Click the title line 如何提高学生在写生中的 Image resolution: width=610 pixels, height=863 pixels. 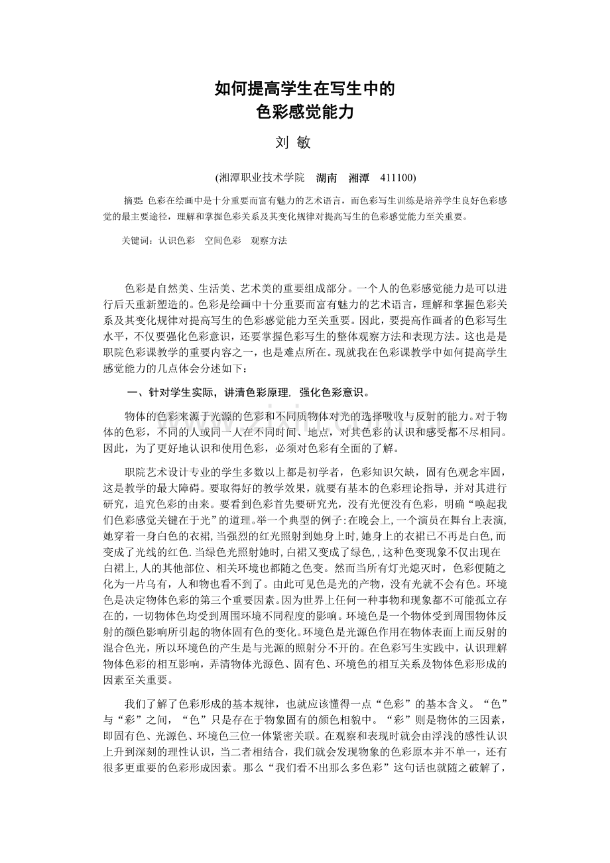point(305,89)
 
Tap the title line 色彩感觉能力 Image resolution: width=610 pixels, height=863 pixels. point(305,112)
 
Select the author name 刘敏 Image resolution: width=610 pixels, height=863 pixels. point(292,143)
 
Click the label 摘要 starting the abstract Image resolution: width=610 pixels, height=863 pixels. point(133,200)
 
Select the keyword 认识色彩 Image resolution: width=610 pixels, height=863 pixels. point(177,241)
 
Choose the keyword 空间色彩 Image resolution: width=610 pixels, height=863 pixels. point(223,241)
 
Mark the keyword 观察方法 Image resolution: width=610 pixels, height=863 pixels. point(269,241)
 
